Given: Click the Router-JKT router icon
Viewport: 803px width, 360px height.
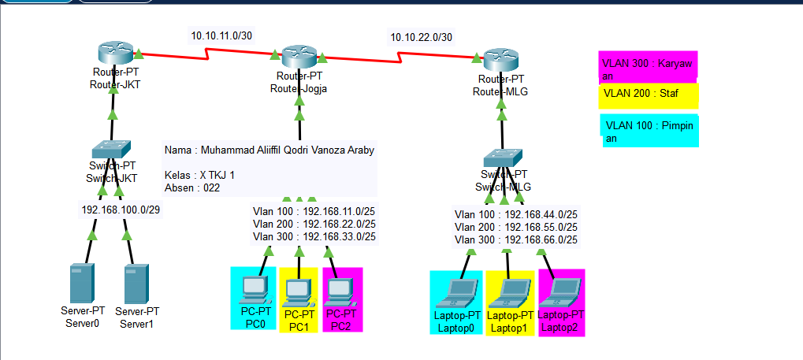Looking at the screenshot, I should pos(115,54).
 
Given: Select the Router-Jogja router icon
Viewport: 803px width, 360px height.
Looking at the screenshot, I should pos(299,57).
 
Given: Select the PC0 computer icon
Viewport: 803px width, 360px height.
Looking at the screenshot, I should pos(255,290).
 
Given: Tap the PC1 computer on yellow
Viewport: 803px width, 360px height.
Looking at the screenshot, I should pos(298,291).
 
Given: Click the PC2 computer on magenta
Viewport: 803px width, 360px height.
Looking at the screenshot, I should pos(340,291).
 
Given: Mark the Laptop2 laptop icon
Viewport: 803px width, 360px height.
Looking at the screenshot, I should pos(561,291).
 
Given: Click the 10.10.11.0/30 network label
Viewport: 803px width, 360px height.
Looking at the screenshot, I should pos(222,35).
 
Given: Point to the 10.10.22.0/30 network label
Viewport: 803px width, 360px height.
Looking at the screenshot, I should pos(422,37).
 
